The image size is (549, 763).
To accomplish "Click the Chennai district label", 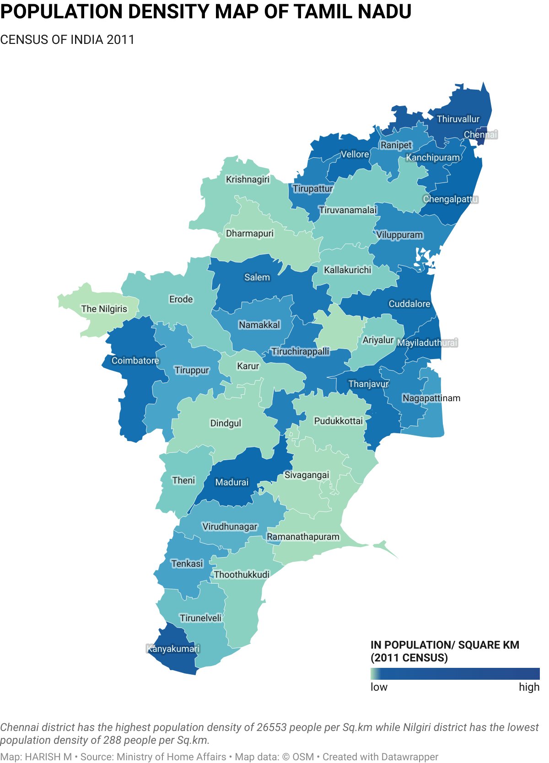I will pyautogui.click(x=480, y=134).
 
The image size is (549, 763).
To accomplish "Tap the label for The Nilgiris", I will pyautogui.click(x=104, y=309).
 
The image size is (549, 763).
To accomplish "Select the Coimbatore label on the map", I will pyautogui.click(x=135, y=360).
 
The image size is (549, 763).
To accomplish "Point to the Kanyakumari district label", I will pyautogui.click(x=173, y=649).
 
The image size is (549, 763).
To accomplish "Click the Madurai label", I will pyautogui.click(x=231, y=482).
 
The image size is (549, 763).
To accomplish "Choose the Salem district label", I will pyautogui.click(x=257, y=277).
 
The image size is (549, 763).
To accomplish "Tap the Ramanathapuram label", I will pyautogui.click(x=303, y=537).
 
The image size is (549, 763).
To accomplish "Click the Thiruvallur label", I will pyautogui.click(x=458, y=119).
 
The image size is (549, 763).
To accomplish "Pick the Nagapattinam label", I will pyautogui.click(x=431, y=398).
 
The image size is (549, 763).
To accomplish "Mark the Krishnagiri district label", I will pyautogui.click(x=248, y=179).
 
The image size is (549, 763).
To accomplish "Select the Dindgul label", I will pyautogui.click(x=225, y=423).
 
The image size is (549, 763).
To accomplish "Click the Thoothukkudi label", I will pyautogui.click(x=242, y=575).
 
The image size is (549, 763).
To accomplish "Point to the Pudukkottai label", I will pyautogui.click(x=338, y=421).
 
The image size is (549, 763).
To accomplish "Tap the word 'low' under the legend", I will pyautogui.click(x=379, y=687).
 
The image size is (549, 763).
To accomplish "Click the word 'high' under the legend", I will pyautogui.click(x=529, y=687).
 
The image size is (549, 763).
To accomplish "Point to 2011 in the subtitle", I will pyautogui.click(x=120, y=40).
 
